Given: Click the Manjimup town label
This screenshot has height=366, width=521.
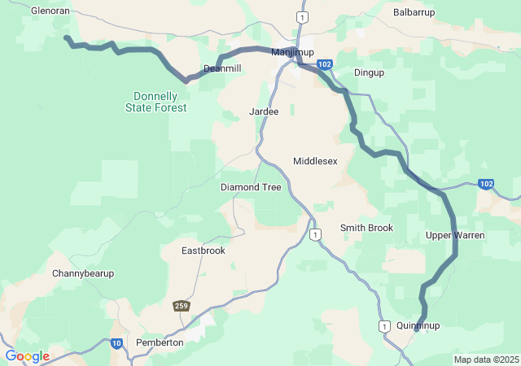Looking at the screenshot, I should point(292,53).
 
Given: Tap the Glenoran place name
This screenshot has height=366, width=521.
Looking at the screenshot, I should point(50,11).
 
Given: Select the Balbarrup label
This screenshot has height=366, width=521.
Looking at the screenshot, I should point(414,12).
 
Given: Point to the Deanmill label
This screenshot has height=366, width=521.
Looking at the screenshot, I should point(222,69).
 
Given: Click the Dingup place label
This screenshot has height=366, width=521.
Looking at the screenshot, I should point(369,73).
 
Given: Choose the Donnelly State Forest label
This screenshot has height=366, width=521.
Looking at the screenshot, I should point(156,102).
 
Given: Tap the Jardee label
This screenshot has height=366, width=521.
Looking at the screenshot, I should point(265,111).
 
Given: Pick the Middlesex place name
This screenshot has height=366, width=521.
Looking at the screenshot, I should point(315,161).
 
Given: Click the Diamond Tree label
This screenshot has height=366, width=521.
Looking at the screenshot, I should point(251,187).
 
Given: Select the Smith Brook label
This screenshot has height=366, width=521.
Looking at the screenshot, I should point(366,228).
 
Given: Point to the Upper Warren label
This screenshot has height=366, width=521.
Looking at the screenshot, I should point(455,235).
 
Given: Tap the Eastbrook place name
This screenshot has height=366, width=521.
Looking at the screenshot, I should point(203,251).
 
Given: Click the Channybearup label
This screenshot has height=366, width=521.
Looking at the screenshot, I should point(83,273).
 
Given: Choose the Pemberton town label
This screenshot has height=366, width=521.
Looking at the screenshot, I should point(160,343).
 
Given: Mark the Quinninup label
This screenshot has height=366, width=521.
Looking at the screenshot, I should point(418,325).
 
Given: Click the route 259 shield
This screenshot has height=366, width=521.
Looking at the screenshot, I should point(181,306).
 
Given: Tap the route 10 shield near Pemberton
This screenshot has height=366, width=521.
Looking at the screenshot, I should point(117,343).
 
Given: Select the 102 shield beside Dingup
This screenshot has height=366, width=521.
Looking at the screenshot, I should point(325,64).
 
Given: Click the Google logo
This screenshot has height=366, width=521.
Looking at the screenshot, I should point(27,356).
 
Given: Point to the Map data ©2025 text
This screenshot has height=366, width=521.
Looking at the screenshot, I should point(486,359).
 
